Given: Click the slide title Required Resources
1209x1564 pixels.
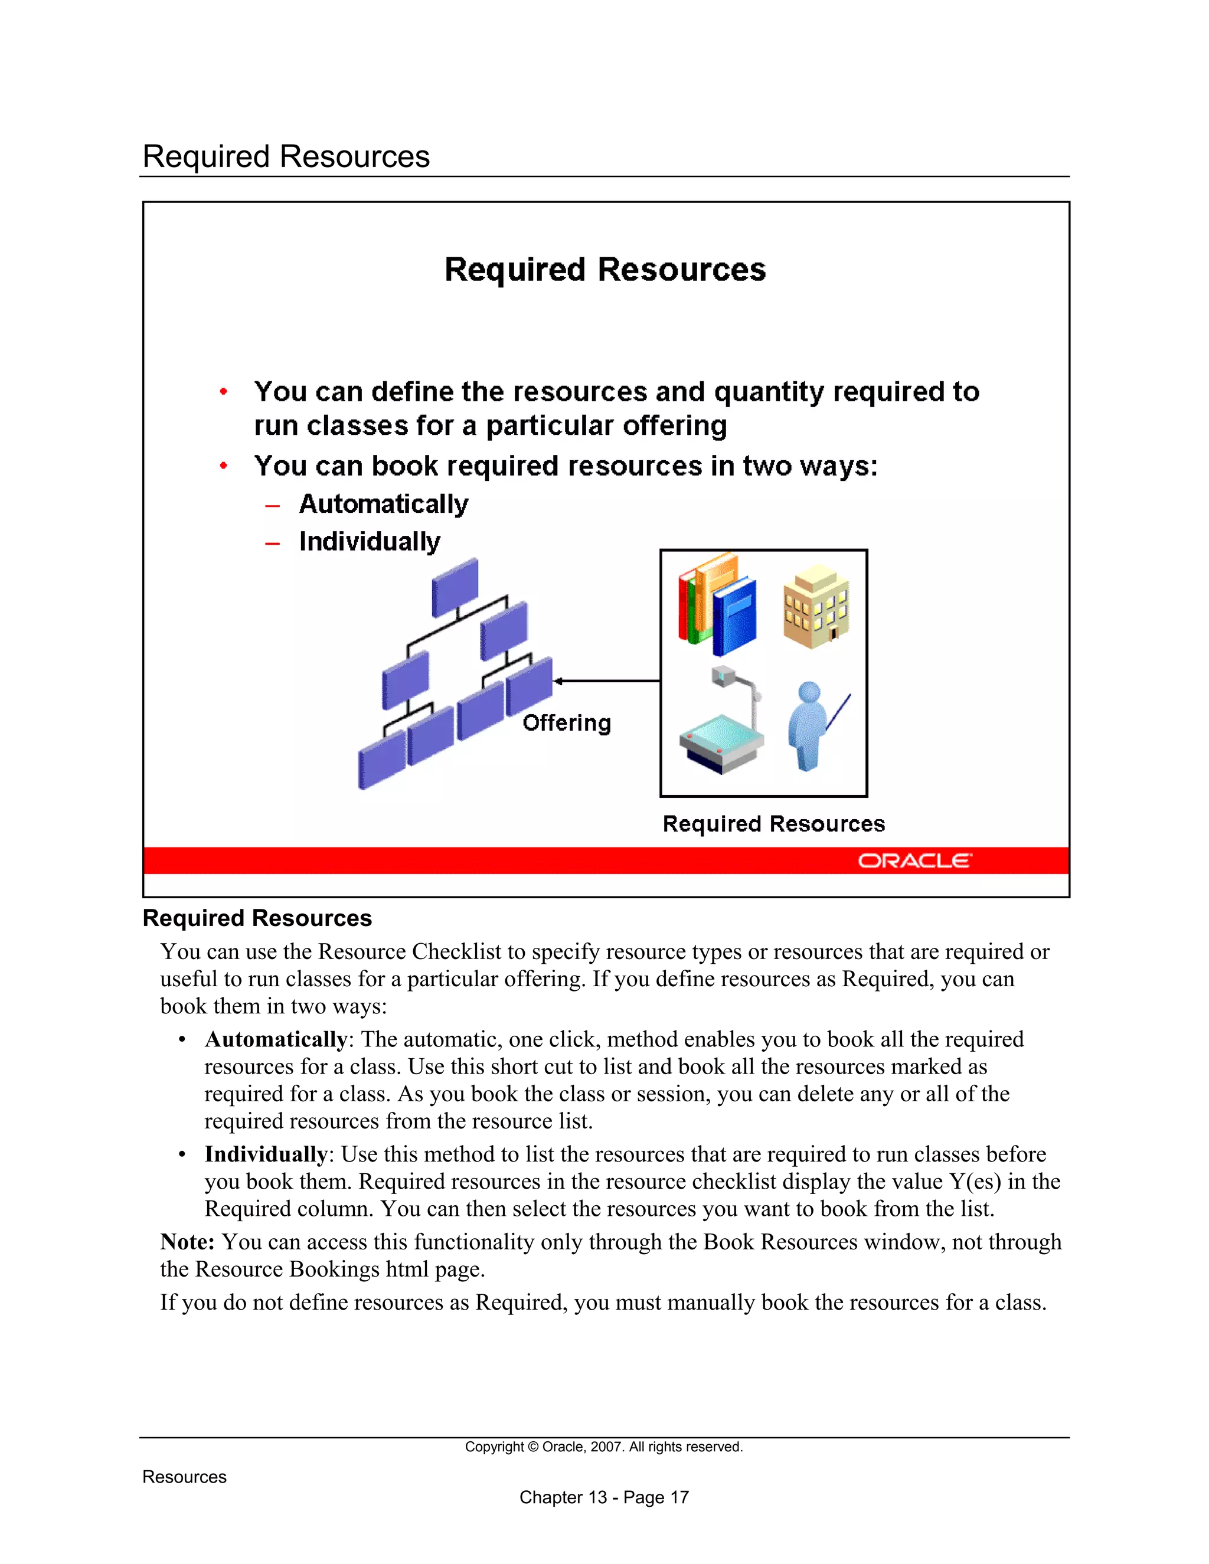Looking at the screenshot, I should [605, 270].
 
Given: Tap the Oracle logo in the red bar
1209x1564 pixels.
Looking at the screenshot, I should [914, 860].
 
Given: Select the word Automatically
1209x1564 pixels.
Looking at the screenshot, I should [383, 504].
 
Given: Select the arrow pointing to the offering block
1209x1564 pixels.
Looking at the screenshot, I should [607, 681].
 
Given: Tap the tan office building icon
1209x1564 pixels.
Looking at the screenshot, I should [816, 606].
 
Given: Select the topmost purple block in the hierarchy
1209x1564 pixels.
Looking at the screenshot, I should [455, 587].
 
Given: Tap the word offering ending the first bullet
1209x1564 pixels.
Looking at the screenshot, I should [675, 426].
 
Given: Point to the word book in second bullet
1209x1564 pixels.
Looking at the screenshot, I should [404, 466].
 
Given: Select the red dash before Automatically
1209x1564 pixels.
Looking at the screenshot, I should [272, 506].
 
